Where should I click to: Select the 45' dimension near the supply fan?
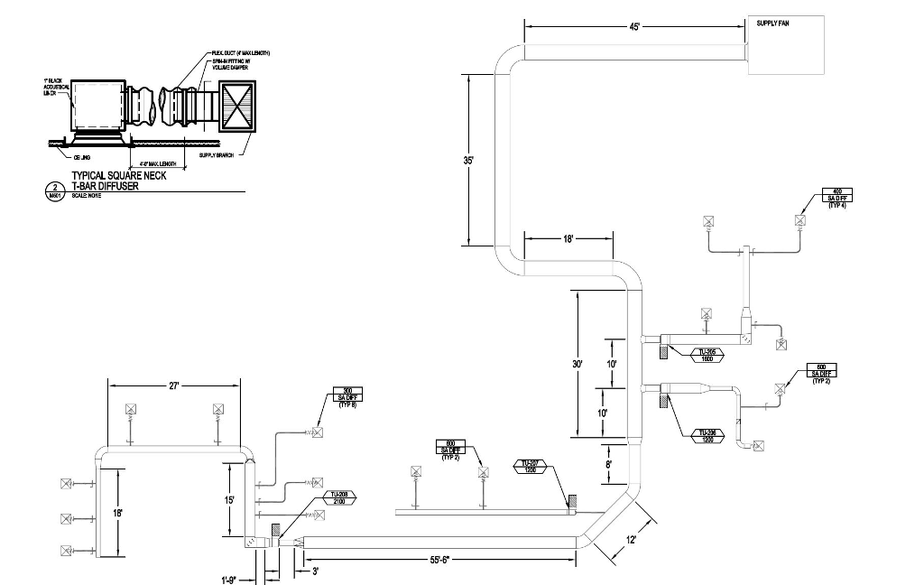click(635, 27)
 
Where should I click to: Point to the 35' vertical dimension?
click(469, 161)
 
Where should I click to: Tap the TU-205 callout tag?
click(708, 355)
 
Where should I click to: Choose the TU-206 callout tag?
click(708, 434)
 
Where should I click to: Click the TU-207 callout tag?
click(531, 466)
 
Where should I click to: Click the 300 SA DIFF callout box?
click(347, 397)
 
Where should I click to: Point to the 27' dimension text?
click(174, 385)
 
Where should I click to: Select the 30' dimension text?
click(577, 364)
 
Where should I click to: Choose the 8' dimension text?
click(609, 464)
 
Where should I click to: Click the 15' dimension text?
click(230, 499)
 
